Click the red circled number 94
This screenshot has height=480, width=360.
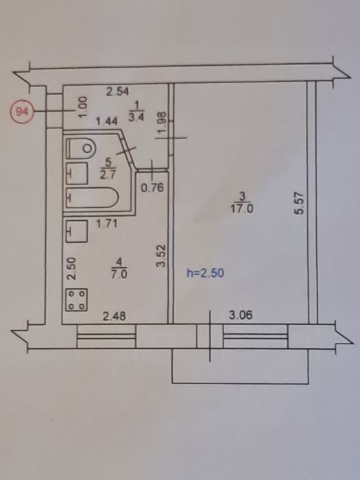click(x=21, y=112)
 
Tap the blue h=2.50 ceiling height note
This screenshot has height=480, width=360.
click(x=205, y=273)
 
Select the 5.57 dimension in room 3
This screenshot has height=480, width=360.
click(x=299, y=203)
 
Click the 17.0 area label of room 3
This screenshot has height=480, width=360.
click(x=242, y=209)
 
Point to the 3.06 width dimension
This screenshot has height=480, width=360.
click(x=241, y=315)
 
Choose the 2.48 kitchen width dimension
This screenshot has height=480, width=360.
click(x=114, y=316)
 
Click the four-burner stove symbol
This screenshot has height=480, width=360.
click(x=77, y=300)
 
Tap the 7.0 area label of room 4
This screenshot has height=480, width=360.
click(x=119, y=274)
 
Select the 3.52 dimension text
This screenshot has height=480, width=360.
click(x=160, y=256)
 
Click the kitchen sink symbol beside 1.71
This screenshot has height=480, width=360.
click(x=77, y=231)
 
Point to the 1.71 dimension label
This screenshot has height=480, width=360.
click(x=106, y=224)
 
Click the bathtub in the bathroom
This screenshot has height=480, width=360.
click(x=92, y=198)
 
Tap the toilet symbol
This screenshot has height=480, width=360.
click(x=81, y=149)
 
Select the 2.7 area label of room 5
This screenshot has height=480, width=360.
click(x=107, y=176)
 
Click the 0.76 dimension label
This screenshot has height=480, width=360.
click(x=152, y=187)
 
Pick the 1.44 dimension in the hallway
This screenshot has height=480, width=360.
click(x=106, y=122)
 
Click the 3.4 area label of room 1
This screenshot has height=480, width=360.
click(x=136, y=117)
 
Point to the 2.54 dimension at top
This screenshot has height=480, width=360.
click(x=117, y=91)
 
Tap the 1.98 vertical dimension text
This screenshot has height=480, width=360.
click(x=162, y=122)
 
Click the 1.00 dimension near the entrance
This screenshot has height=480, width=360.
click(x=83, y=106)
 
